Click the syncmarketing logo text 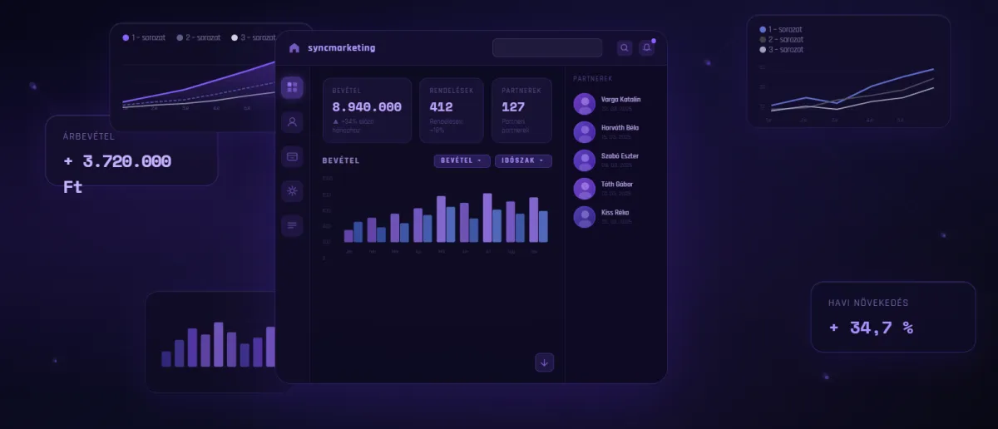pos(341,48)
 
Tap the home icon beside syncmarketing pos(294,48)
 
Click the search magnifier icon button pos(625,48)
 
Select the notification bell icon pos(646,48)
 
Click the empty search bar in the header pos(546,48)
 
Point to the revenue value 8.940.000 pos(367,107)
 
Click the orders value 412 pos(441,107)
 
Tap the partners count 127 pos(513,107)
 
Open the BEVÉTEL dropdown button pos(462,160)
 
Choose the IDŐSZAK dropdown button pos(523,160)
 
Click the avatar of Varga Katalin pos(585,104)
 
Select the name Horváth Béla pos(620,128)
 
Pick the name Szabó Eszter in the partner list pos(620,156)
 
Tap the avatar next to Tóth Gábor pos(585,189)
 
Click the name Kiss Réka pos(615,213)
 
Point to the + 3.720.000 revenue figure pos(117,162)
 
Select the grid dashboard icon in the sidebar pos(292,86)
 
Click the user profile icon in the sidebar pos(292,122)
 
